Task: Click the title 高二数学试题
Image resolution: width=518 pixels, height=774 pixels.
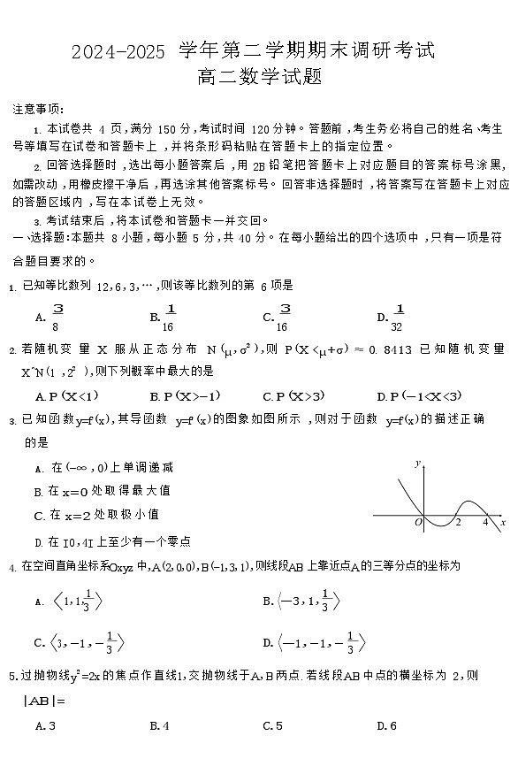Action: tap(259, 77)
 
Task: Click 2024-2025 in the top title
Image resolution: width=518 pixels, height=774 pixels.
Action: tap(118, 53)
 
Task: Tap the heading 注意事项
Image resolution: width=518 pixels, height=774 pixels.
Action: tap(38, 109)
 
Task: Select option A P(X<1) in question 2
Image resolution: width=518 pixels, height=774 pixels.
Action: tap(67, 396)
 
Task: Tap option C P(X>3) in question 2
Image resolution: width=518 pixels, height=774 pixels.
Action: tap(293, 396)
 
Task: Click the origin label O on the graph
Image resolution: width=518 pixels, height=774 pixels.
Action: tap(418, 523)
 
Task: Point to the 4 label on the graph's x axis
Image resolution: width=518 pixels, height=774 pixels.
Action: tap(485, 522)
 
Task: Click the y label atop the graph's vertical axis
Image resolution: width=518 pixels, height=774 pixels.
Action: tap(417, 464)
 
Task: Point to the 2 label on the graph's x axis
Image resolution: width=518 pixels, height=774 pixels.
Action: tap(458, 522)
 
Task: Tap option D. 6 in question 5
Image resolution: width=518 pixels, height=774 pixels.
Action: tap(387, 726)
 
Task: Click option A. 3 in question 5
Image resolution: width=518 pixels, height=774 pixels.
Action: tap(46, 726)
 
